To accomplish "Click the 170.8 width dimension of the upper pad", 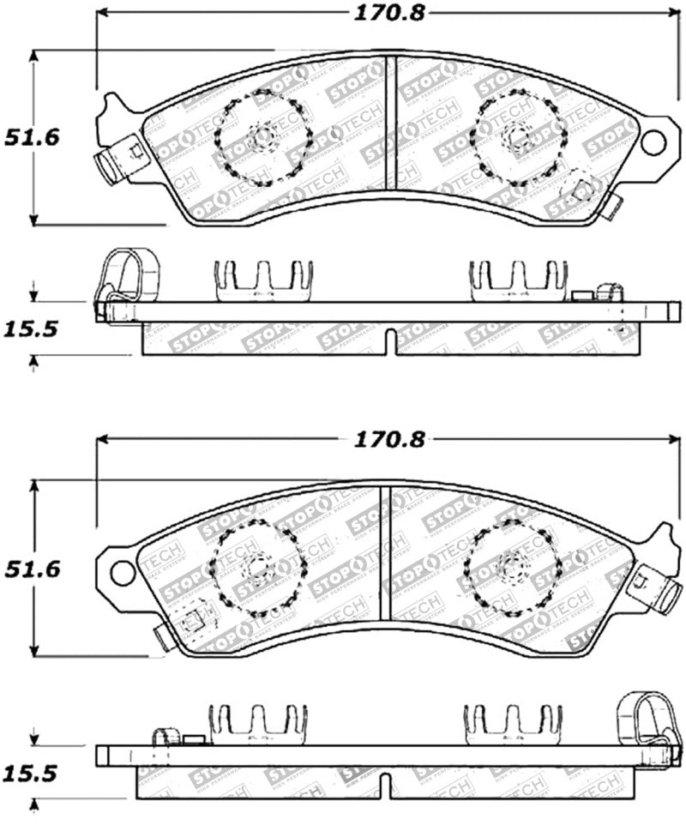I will coord(388,13).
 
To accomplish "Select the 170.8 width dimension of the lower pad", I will coord(388,440).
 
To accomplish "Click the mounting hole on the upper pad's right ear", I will coord(653,142).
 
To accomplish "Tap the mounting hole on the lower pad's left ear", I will coord(123,572).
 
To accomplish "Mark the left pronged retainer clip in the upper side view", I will coord(262,281).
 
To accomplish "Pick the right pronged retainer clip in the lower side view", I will coord(513,725).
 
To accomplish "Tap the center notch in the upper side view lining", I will coord(390,340).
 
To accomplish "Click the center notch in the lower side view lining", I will coord(386,784).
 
